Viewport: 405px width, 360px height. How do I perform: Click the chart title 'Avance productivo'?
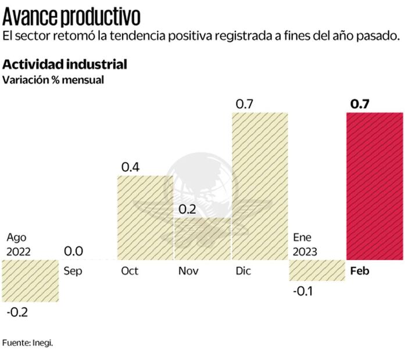(x=71, y=14)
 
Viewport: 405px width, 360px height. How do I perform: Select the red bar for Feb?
(x=374, y=186)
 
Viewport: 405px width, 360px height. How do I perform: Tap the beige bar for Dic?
(x=260, y=186)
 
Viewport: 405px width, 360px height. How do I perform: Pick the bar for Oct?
(x=145, y=218)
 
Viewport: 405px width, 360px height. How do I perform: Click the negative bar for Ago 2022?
(x=30, y=280)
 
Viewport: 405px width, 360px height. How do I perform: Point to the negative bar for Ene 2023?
(x=317, y=270)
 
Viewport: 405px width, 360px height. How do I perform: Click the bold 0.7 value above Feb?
(x=360, y=104)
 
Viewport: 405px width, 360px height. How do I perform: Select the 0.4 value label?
(x=131, y=167)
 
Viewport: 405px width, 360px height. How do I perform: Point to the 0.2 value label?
(x=188, y=210)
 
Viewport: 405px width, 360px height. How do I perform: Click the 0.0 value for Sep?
(x=74, y=251)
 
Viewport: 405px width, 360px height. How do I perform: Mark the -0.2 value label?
(x=17, y=312)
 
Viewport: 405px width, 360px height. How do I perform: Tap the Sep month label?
(x=72, y=271)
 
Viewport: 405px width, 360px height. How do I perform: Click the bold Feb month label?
(x=360, y=271)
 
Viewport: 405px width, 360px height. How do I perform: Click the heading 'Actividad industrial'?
(x=64, y=64)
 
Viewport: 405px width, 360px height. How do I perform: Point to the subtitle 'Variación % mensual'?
(x=53, y=80)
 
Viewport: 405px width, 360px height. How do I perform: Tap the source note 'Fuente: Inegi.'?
(x=27, y=343)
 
